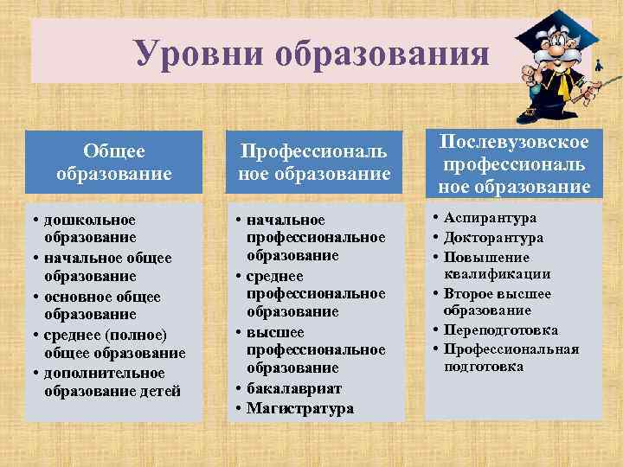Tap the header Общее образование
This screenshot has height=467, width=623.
coord(113,162)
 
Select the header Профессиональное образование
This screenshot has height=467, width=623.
coord(314,163)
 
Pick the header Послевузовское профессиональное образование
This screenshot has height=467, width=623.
coord(513,164)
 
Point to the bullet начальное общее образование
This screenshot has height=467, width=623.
coord(108,266)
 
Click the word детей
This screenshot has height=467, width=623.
coord(159,391)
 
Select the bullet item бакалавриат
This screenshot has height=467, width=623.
coord(294,389)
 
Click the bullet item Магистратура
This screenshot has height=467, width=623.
coord(299,408)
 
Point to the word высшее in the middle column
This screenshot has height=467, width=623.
coord(275,332)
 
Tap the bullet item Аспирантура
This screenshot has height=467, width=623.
coord(490,219)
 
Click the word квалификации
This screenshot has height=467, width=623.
coord(497,274)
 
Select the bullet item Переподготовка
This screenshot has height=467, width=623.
coord(500,329)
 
